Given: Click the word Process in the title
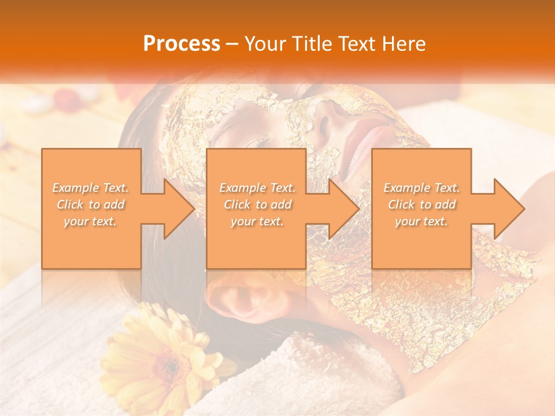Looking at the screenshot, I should (182, 44).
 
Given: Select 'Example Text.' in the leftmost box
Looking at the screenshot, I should (90, 188).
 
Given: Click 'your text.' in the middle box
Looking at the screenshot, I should (257, 221).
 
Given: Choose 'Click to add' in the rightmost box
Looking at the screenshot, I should (422, 205).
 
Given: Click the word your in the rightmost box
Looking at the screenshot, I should (407, 221).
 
